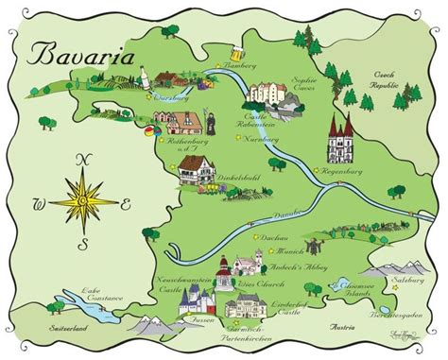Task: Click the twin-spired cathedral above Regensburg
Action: click(x=340, y=142)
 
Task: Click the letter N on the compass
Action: click(x=81, y=160)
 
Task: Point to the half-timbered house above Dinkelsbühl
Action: click(x=196, y=173)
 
